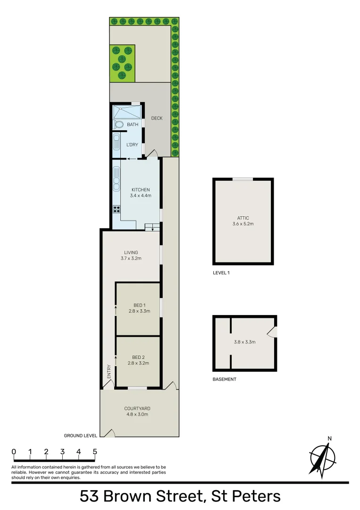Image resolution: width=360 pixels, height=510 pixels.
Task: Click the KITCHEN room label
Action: coord(140,190)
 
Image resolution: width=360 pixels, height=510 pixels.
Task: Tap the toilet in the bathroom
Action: coord(119,125)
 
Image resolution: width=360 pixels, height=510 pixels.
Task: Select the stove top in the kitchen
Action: coord(116,209)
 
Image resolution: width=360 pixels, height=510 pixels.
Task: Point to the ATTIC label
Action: coord(243,218)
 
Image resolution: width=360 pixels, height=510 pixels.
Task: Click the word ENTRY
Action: coord(109,371)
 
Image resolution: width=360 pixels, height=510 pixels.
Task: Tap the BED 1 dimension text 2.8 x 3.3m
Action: coord(139,311)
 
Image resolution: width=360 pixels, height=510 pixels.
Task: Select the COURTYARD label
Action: coord(137,408)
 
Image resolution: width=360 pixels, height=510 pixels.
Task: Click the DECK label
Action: coord(157,118)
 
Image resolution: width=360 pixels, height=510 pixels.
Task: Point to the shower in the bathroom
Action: coord(126,112)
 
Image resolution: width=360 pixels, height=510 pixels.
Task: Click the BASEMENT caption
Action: coord(224,379)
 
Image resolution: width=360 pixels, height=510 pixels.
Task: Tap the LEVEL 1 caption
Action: coord(222,273)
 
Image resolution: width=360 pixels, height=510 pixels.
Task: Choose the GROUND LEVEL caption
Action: coord(80,436)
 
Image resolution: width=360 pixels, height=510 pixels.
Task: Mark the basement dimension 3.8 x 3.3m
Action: coord(245,342)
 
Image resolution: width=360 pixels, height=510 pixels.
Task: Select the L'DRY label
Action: coord(132,145)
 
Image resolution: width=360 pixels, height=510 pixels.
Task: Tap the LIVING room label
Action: coord(131,253)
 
